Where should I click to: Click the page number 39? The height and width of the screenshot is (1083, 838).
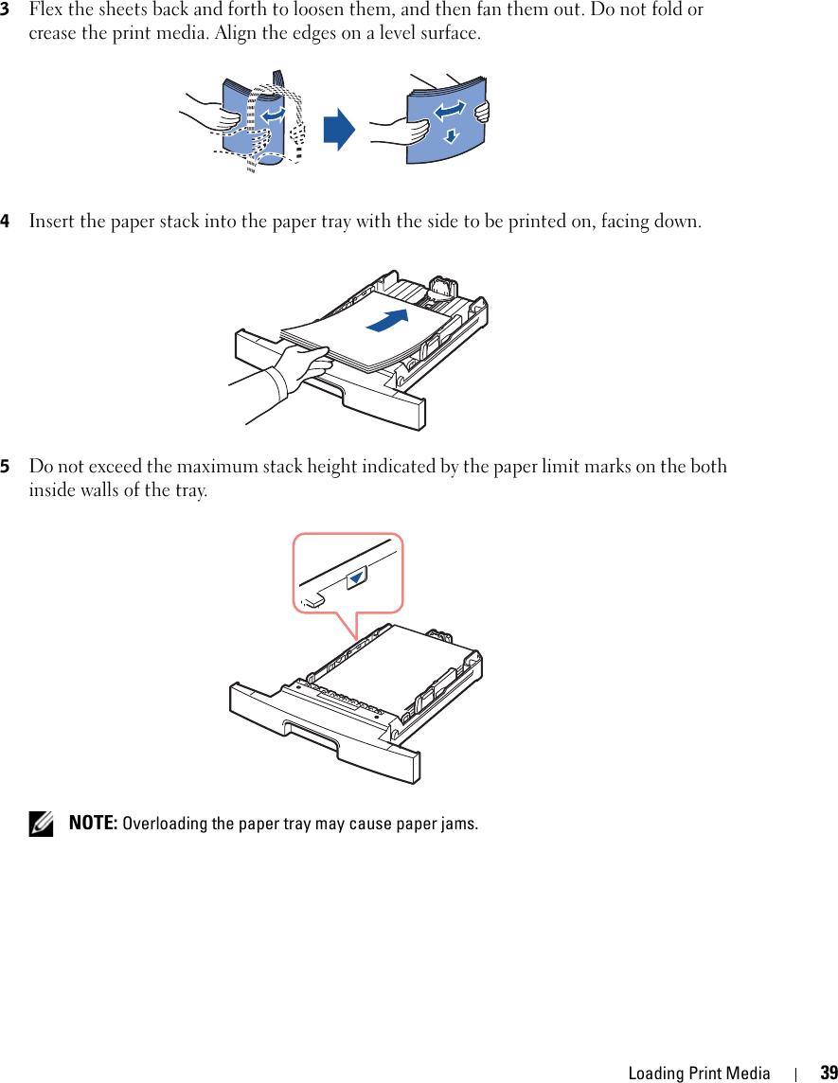tap(829, 1073)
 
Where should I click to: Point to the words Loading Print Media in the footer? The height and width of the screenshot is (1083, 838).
tap(699, 1073)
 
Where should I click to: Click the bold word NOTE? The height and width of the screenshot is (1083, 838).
tap(93, 823)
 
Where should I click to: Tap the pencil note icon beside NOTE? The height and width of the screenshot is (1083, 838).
tap(41, 825)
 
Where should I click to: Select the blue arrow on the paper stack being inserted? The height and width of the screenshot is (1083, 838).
tap(390, 320)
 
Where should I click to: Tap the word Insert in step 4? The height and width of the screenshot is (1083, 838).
tap(51, 222)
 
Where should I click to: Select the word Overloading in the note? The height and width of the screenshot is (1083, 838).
tap(165, 823)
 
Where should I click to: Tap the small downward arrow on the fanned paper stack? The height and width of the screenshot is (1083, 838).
tap(452, 135)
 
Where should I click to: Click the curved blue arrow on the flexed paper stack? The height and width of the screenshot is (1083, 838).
tap(273, 114)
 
